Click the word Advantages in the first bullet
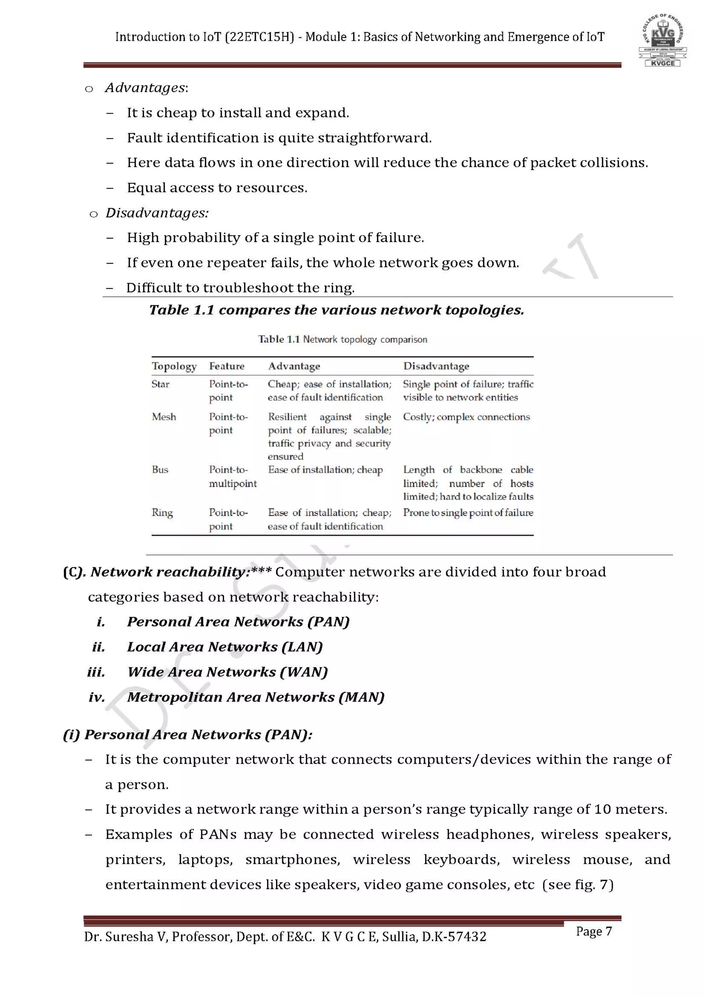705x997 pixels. tap(145, 88)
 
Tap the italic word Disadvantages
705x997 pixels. tap(157, 213)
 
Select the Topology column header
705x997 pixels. tap(174, 366)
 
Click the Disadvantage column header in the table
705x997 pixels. tap(436, 366)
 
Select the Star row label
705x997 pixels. tap(160, 384)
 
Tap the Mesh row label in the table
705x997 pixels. tap(164, 417)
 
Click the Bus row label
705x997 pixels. tap(160, 470)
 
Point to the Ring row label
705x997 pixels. tap(162, 513)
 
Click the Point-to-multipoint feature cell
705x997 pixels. tap(233, 477)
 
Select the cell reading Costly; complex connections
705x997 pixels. tap(466, 417)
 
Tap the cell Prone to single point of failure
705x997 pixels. tap(468, 513)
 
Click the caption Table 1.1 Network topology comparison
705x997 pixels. tap(343, 339)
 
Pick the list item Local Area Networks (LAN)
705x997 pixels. tap(225, 647)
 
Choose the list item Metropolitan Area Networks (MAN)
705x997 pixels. tap(256, 697)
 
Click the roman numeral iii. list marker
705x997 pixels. tap(96, 673)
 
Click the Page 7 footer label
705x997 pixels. tap(593, 932)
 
